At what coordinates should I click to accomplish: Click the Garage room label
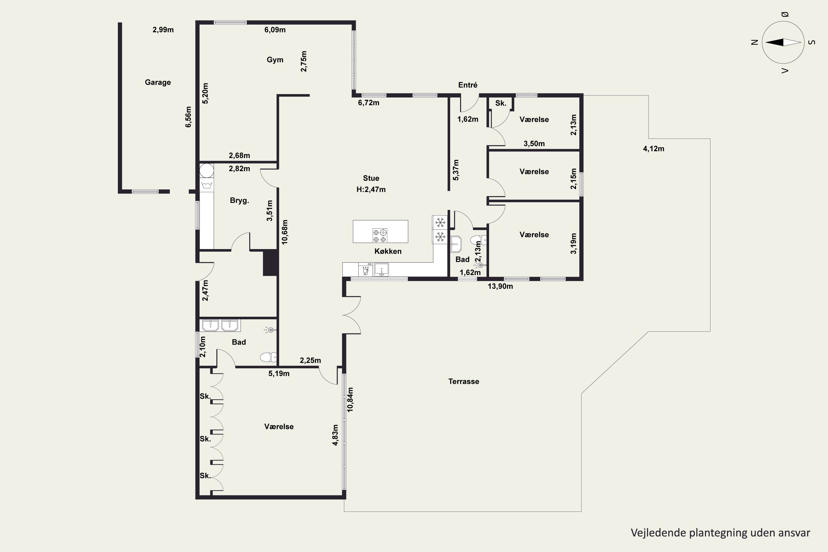pyautogui.click(x=158, y=82)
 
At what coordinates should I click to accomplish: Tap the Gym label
pyautogui.click(x=275, y=60)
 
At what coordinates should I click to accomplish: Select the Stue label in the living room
pyautogui.click(x=371, y=178)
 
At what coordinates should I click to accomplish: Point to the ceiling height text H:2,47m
pyautogui.click(x=371, y=189)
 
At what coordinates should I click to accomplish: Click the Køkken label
pyautogui.click(x=388, y=251)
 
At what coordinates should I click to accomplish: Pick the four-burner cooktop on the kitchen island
pyautogui.click(x=380, y=235)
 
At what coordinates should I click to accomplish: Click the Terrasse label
pyautogui.click(x=464, y=381)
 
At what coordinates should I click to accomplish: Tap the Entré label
pyautogui.click(x=468, y=85)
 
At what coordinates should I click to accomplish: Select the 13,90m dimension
pyautogui.click(x=500, y=286)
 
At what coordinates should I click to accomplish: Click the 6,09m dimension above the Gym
pyautogui.click(x=275, y=30)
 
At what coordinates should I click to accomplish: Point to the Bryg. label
pyautogui.click(x=239, y=200)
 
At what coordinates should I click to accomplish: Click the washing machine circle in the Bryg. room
pyautogui.click(x=207, y=170)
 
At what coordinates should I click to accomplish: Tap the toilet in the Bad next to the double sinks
pyautogui.click(x=268, y=357)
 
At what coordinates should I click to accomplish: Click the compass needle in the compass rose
pyautogui.click(x=783, y=42)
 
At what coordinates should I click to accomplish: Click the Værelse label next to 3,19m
pyautogui.click(x=534, y=234)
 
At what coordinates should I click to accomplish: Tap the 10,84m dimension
pyautogui.click(x=350, y=400)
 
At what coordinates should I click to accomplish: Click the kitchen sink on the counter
pyautogui.click(x=381, y=270)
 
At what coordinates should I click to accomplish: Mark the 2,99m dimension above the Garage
pyautogui.click(x=163, y=30)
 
